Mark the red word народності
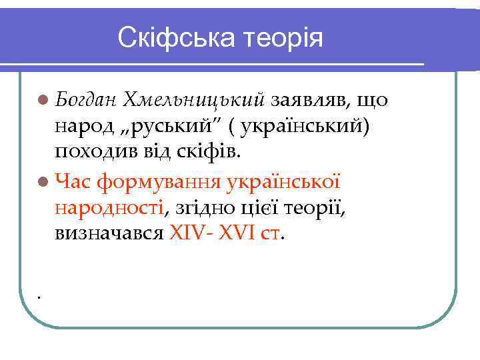[x=111, y=207]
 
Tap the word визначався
[x=107, y=234]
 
